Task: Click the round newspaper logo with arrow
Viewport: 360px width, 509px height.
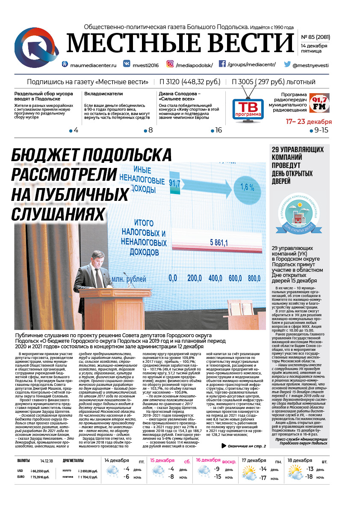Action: click(37, 47)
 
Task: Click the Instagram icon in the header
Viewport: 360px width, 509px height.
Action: click(170, 64)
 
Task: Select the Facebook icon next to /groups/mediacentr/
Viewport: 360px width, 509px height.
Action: click(222, 64)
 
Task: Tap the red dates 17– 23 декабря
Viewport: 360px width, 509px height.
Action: click(309, 122)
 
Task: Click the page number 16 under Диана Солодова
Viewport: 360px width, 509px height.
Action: click(218, 130)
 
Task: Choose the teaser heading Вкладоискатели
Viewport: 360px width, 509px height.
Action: click(103, 94)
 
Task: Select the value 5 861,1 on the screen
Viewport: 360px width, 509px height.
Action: click(218, 243)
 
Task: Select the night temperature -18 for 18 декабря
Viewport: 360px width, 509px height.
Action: click(309, 477)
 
